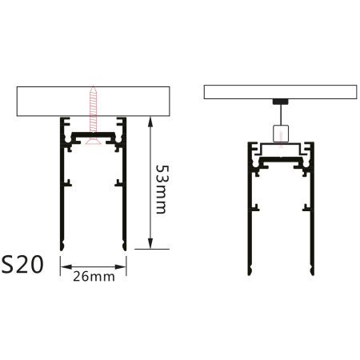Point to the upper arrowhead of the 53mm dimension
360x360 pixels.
(150, 121)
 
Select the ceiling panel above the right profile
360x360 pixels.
(279, 91)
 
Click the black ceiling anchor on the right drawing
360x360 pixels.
(280, 102)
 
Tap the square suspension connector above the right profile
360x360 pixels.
(280, 133)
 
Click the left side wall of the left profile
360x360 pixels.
(62, 192)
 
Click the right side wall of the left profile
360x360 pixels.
(125, 192)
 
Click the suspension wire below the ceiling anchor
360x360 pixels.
(280, 115)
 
